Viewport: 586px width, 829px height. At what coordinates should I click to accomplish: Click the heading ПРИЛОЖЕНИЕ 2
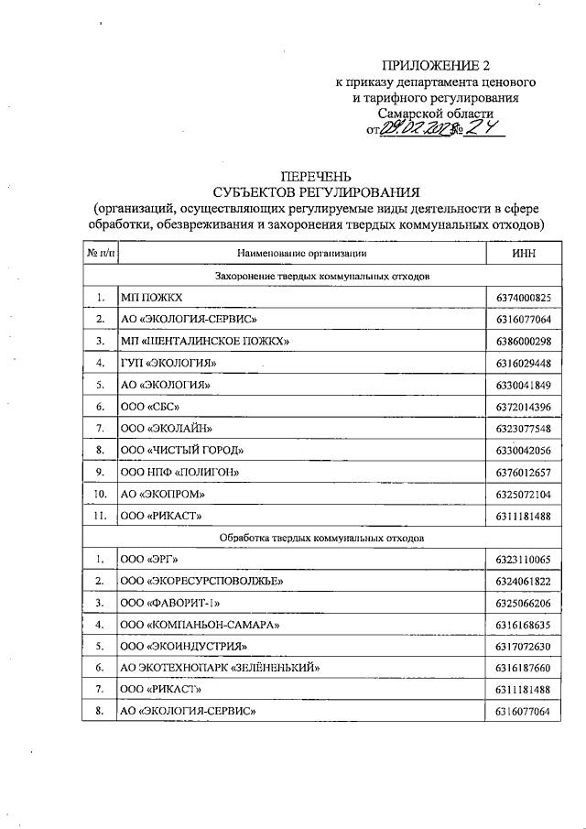pyautogui.click(x=442, y=66)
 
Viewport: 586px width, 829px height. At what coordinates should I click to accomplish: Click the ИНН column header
pyautogui.click(x=524, y=251)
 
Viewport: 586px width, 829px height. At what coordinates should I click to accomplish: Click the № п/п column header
pyautogui.click(x=101, y=251)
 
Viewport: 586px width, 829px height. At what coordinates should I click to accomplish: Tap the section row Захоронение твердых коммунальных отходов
pyautogui.click(x=322, y=275)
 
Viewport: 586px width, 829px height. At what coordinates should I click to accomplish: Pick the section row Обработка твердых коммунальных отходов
pyautogui.click(x=322, y=537)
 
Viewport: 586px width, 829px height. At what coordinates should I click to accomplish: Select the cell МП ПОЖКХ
pyautogui.click(x=152, y=298)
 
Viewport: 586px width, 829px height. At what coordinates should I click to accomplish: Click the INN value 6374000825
pyautogui.click(x=524, y=298)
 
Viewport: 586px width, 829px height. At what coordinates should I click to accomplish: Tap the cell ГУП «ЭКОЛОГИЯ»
pyautogui.click(x=168, y=364)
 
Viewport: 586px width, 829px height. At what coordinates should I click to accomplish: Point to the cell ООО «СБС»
pyautogui.click(x=150, y=407)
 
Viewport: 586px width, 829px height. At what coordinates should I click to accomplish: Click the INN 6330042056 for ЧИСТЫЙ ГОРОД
pyautogui.click(x=524, y=451)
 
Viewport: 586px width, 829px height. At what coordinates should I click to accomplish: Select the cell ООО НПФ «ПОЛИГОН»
pyautogui.click(x=180, y=473)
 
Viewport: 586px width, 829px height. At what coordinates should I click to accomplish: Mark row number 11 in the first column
pyautogui.click(x=101, y=516)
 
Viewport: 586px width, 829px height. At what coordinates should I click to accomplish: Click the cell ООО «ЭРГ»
pyautogui.click(x=150, y=559)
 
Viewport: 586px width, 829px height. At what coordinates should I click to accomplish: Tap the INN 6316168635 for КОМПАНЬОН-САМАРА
pyautogui.click(x=524, y=625)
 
